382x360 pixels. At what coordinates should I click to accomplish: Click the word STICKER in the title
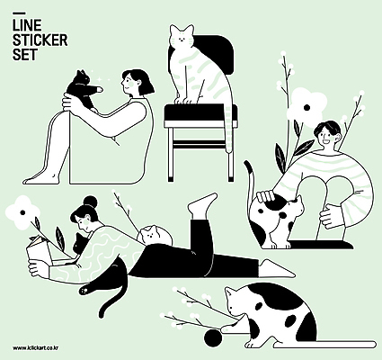[40, 40]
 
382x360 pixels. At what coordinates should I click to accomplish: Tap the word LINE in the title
[27, 25]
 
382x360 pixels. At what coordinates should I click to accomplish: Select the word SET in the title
[25, 55]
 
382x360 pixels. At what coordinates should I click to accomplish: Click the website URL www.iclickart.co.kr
[35, 348]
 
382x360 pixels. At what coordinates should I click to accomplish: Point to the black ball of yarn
[213, 337]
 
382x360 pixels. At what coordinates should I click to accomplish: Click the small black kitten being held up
[82, 88]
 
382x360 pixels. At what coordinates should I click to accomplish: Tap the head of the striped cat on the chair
[182, 36]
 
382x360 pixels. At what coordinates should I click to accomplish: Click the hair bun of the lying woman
[91, 202]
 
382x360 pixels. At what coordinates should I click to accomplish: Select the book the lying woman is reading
[40, 251]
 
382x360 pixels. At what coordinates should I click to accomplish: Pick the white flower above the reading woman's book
[22, 212]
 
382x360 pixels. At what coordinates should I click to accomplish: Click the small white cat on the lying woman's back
[154, 234]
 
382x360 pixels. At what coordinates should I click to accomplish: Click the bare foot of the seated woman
[41, 179]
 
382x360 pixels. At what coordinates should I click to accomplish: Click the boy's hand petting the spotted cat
[266, 196]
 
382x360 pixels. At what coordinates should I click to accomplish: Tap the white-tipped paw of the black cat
[85, 290]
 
